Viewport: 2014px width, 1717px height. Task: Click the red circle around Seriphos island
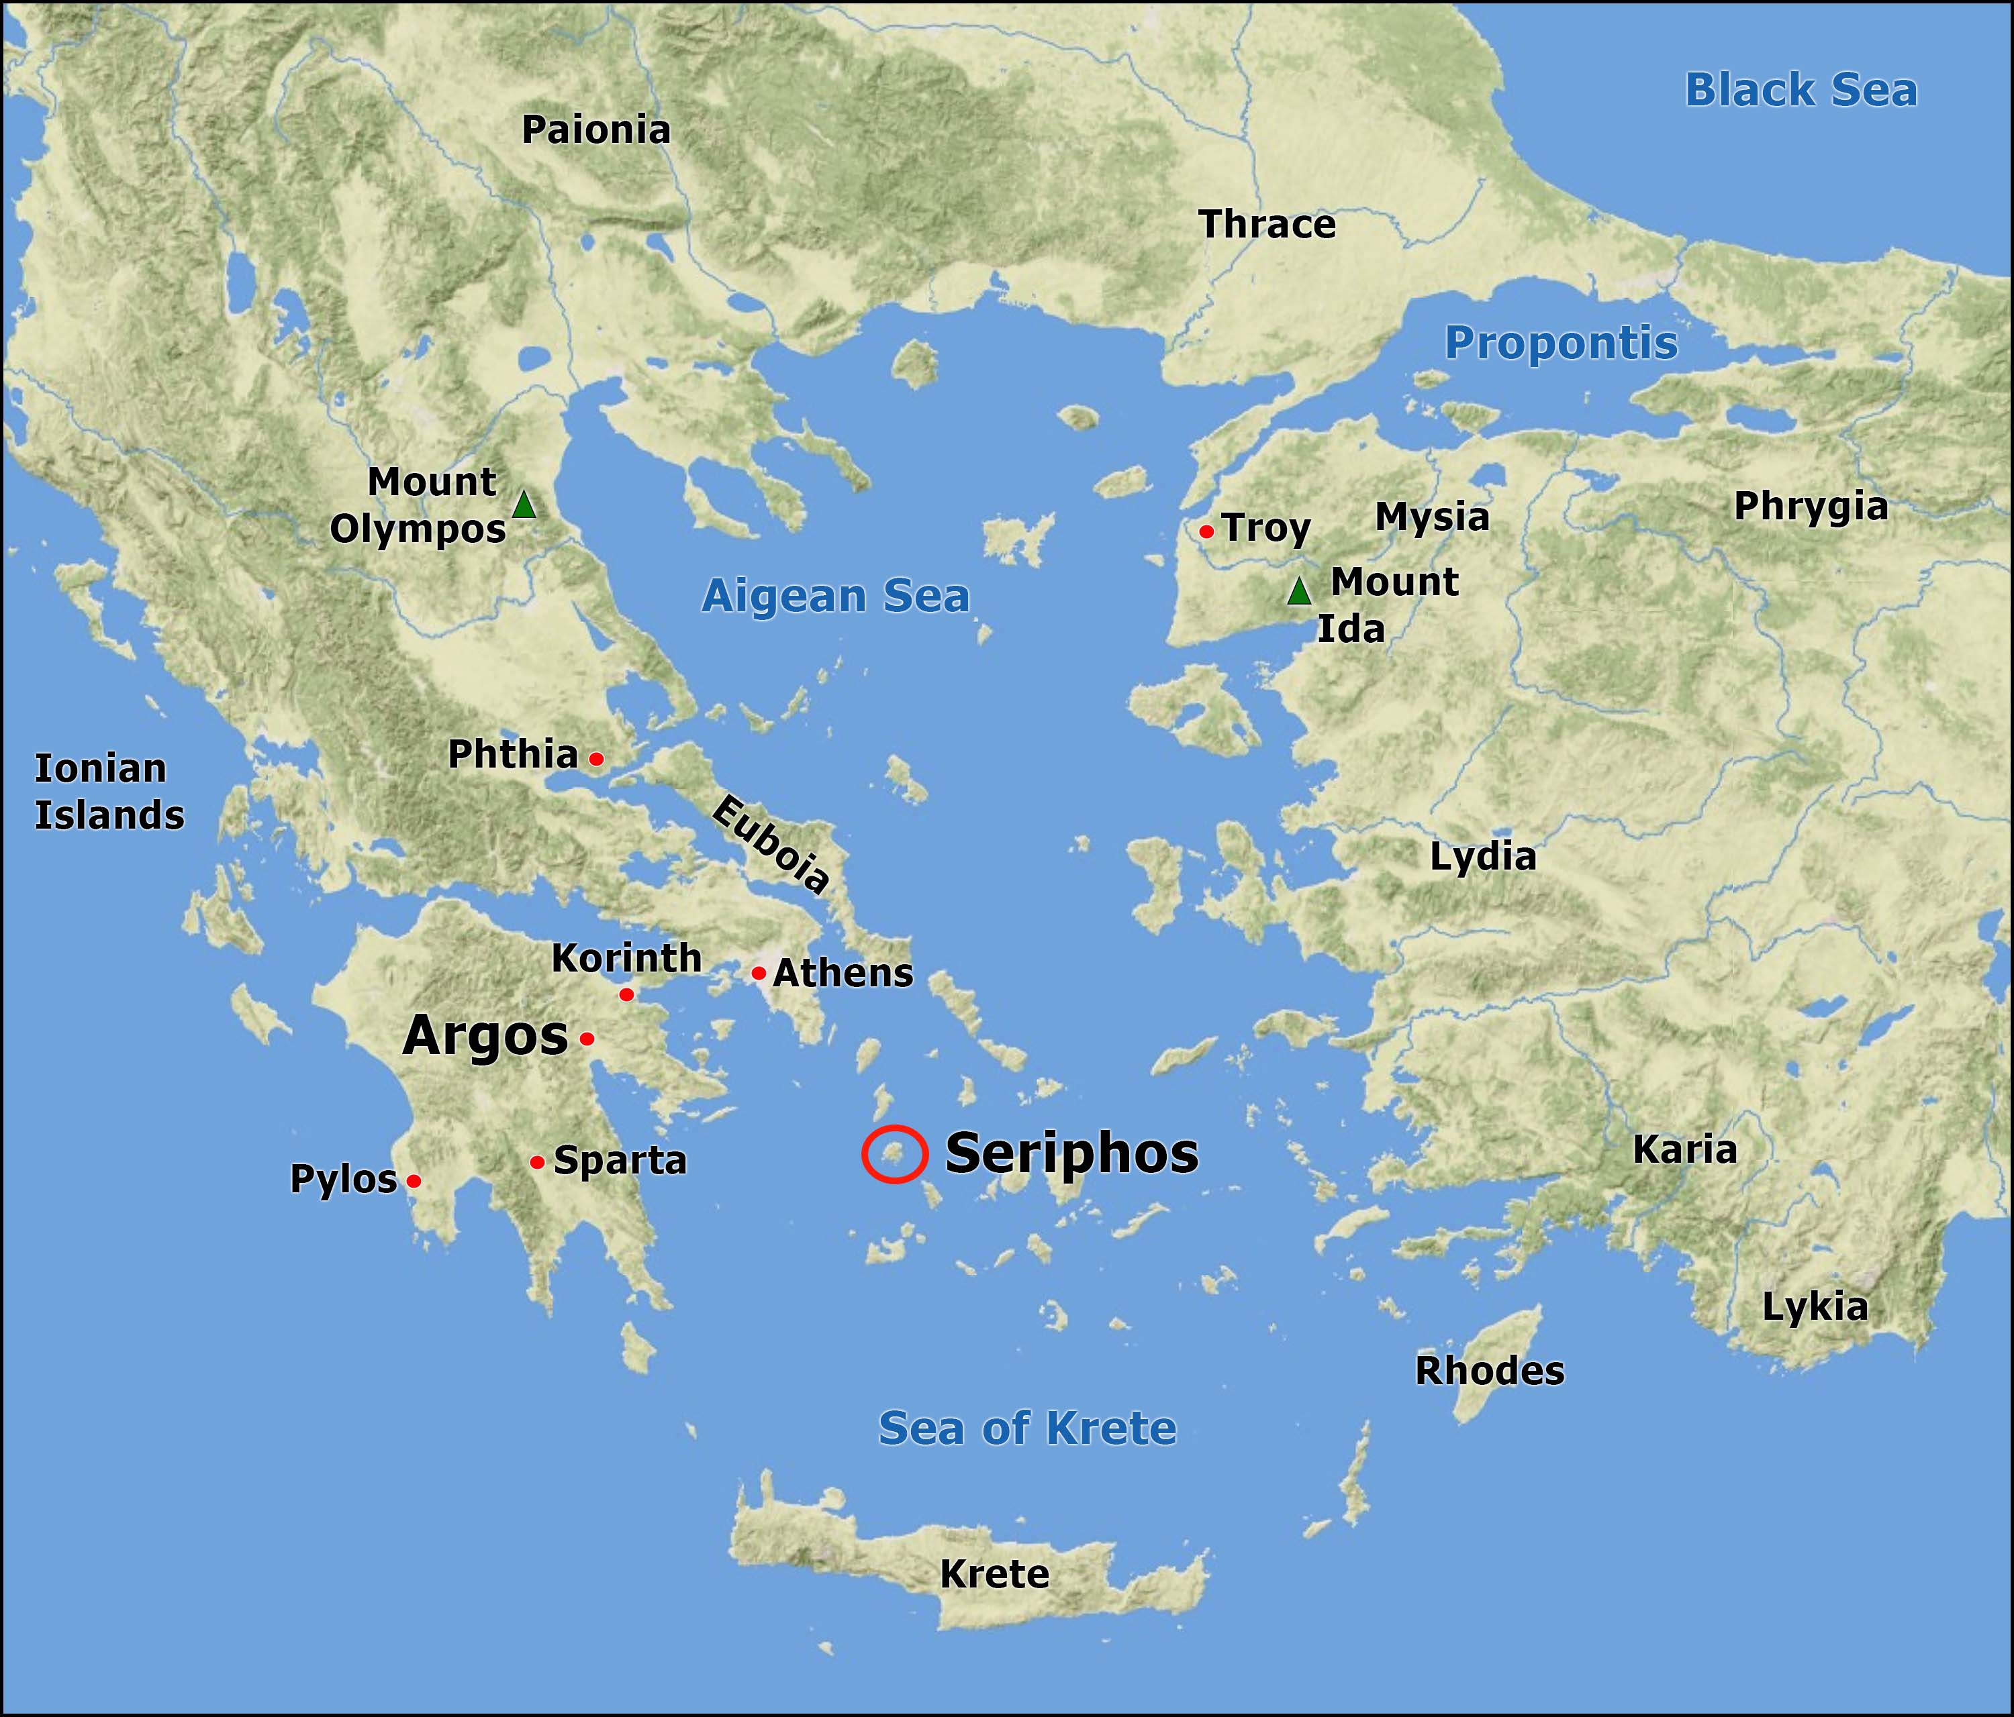[x=894, y=1153]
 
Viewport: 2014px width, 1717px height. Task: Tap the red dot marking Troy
[x=1206, y=531]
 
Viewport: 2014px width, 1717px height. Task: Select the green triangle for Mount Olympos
[x=524, y=505]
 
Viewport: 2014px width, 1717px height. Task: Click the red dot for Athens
[x=758, y=973]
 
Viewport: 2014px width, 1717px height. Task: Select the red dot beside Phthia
[x=597, y=759]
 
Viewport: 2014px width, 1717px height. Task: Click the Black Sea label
[x=1800, y=91]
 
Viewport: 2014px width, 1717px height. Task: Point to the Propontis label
[x=1561, y=343]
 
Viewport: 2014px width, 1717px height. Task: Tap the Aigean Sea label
[x=836, y=596]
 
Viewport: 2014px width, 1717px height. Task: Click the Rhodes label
[x=1489, y=1371]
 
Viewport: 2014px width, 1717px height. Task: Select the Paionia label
[x=596, y=130]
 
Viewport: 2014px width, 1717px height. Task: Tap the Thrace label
[x=1267, y=225]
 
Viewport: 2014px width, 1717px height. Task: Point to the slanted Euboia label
[x=770, y=843]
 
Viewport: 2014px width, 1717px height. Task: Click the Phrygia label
[x=1811, y=507]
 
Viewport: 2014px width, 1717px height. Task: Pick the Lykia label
[x=1815, y=1308]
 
